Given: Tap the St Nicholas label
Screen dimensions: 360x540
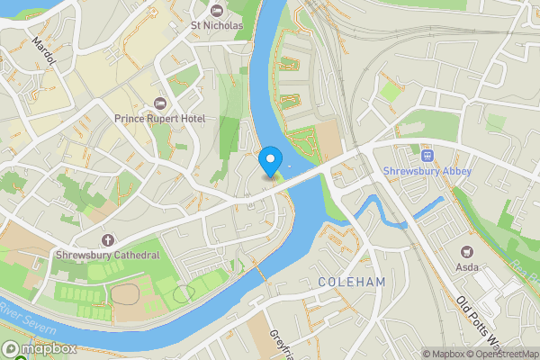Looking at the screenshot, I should tap(216, 25).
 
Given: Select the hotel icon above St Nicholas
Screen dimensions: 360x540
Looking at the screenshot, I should tap(216, 10).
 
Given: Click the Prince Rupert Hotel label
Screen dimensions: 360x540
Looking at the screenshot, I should tap(159, 119).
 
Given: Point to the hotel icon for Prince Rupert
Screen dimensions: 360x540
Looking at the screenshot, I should tap(160, 103).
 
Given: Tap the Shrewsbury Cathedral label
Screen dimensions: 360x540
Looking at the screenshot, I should tap(108, 255).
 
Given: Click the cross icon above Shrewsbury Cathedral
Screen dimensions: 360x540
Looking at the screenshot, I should tap(108, 239).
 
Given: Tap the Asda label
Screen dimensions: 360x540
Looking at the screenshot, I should tap(467, 266).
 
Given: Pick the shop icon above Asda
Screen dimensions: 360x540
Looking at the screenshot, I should tap(466, 251).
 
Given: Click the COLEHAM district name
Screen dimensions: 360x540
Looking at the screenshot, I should tap(352, 283).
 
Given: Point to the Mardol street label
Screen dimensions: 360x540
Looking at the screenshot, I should tap(43, 50).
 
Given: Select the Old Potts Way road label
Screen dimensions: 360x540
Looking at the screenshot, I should tap(476, 322).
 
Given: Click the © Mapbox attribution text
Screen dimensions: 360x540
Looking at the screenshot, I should tap(443, 354).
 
